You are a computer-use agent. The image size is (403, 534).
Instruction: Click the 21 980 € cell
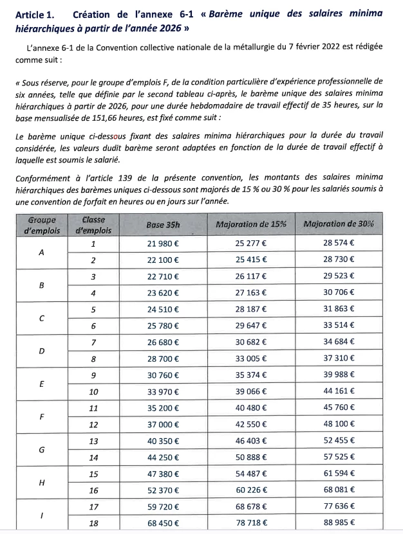point(164,244)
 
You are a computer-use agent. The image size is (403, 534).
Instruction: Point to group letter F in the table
point(42,416)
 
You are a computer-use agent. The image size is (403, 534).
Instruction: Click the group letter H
point(42,482)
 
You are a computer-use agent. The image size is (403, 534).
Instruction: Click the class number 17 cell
point(93,506)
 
